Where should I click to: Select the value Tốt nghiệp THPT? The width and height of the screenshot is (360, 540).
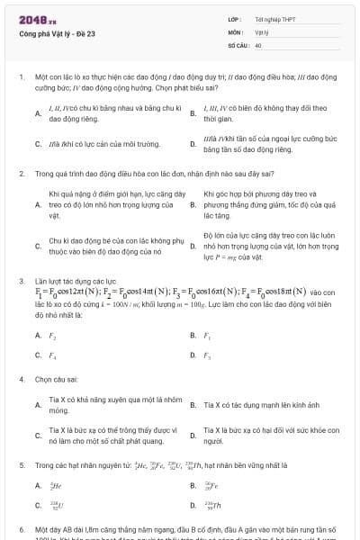274,18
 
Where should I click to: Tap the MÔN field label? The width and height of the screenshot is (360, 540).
235,31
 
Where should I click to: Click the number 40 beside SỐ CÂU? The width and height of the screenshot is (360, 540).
258,43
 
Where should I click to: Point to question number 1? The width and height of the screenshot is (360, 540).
20,77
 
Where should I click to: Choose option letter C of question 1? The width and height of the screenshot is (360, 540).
38,144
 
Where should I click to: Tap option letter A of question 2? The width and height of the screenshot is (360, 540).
38,205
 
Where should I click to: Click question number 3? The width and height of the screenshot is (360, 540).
20,282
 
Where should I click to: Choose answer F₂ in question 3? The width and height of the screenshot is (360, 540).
51,335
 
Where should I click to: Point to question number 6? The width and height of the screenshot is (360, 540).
20,531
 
